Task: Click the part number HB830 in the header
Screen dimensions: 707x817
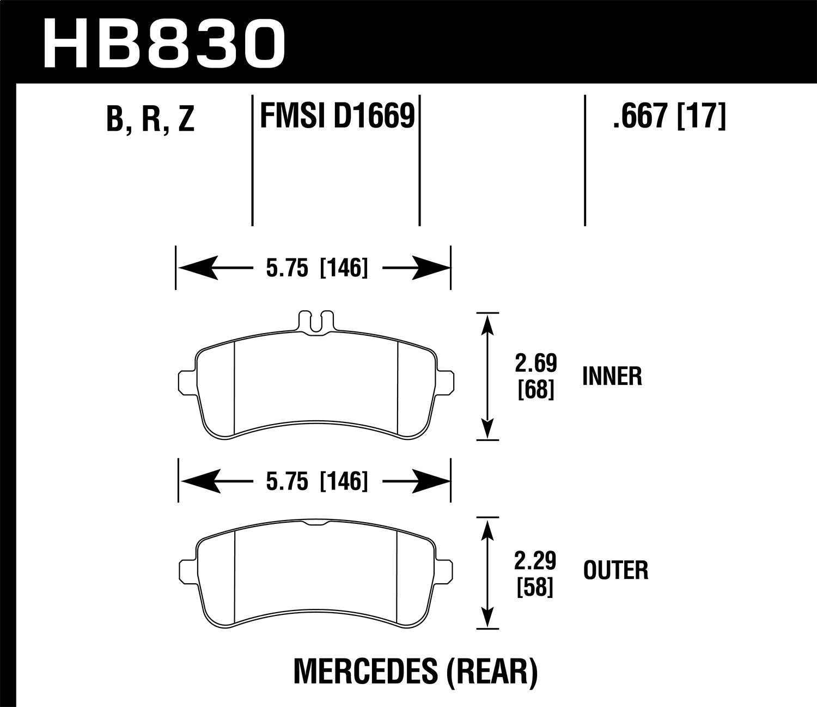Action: point(163,42)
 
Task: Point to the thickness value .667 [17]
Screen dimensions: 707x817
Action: point(669,116)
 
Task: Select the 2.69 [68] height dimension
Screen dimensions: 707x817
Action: point(536,377)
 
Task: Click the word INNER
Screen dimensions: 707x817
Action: point(612,377)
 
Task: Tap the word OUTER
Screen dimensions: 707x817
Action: point(615,571)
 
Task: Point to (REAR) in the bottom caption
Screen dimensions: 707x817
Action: point(492,672)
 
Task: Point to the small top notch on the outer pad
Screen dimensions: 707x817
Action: point(315,523)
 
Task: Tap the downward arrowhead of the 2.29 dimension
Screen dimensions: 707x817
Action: point(487,618)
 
